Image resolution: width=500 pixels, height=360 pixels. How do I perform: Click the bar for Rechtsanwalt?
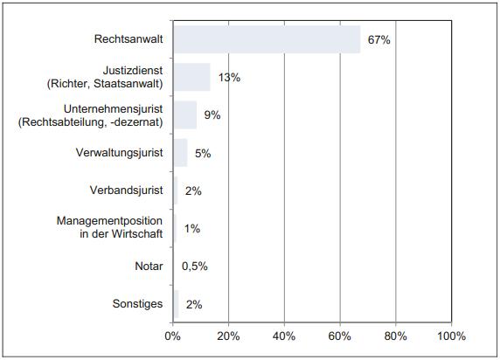click(x=267, y=39)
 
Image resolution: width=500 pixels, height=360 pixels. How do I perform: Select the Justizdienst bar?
click(x=191, y=77)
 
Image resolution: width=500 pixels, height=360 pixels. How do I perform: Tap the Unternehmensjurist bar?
click(x=184, y=114)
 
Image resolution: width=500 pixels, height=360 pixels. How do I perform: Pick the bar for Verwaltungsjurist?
click(x=179, y=153)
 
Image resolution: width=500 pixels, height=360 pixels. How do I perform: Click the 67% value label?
click(x=377, y=40)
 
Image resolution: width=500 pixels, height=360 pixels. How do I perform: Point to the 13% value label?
click(x=229, y=78)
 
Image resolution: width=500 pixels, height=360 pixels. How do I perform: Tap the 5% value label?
click(x=203, y=154)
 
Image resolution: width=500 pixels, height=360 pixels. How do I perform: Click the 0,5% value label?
click(x=194, y=267)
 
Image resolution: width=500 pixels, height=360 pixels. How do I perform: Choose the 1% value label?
click(x=191, y=229)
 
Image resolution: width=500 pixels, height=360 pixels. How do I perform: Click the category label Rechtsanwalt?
click(x=130, y=39)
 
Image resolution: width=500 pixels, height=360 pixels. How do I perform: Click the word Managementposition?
click(x=110, y=221)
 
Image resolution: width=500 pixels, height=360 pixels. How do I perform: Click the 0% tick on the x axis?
click(x=172, y=336)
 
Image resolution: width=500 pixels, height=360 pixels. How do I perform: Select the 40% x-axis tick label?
click(x=284, y=336)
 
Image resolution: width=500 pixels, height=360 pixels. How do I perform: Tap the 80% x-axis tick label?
click(x=396, y=336)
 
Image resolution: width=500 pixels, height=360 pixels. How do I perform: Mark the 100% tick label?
click(x=451, y=336)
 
